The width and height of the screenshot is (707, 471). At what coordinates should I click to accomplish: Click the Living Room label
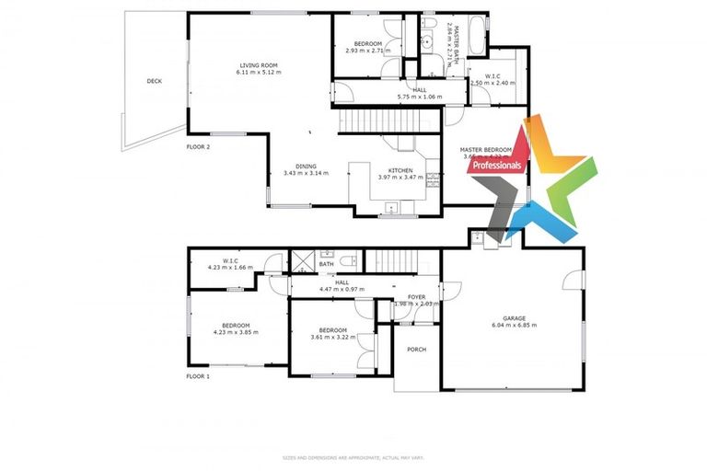[259, 65]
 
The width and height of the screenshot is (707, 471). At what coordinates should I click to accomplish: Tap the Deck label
[155, 82]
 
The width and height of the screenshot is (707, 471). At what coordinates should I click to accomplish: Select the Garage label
[514, 318]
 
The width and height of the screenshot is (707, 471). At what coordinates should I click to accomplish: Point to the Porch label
[416, 349]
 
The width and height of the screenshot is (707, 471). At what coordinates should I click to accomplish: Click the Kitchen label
[400, 171]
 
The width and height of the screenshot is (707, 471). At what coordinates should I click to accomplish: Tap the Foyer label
[417, 296]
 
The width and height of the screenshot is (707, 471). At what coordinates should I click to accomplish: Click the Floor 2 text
[198, 147]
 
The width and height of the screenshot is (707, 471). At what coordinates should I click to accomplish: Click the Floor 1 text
[198, 376]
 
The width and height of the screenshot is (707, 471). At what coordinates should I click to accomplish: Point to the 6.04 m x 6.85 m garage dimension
[514, 326]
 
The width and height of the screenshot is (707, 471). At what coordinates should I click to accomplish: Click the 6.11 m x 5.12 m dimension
[259, 72]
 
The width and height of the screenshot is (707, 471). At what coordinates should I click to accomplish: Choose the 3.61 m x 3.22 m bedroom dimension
[332, 337]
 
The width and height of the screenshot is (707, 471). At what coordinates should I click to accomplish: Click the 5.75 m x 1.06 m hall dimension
[419, 97]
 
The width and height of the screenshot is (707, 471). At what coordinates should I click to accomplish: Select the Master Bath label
[453, 38]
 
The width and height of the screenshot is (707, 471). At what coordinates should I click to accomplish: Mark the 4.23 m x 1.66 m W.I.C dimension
[230, 267]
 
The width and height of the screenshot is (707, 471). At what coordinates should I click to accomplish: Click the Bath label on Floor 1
[326, 265]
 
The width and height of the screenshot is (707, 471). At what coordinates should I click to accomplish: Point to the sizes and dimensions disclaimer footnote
[353, 457]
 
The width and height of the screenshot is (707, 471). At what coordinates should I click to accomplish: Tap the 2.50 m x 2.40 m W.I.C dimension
[493, 83]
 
